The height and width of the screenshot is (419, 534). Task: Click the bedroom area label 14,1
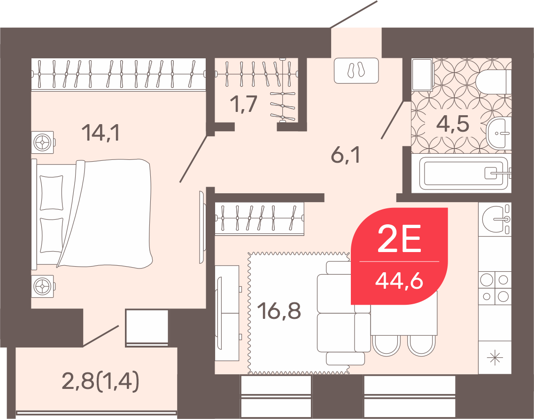[101, 133]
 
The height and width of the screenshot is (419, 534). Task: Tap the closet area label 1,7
[243, 103]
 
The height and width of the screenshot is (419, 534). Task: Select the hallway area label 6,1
[345, 156]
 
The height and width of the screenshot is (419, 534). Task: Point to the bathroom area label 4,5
[453, 123]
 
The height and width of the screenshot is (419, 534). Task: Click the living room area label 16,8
[279, 311]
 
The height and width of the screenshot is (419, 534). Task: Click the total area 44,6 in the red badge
[399, 281]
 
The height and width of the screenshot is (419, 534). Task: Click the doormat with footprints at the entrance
[356, 71]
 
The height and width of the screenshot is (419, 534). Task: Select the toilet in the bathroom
[494, 82]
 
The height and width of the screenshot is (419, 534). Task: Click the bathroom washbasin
[499, 133]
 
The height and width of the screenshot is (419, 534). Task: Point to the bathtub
[464, 174]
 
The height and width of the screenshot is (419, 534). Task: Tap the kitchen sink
[495, 219]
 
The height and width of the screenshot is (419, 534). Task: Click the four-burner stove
[495, 288]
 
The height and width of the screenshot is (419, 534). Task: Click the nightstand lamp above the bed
[43, 142]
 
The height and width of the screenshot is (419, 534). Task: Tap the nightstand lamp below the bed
[43, 286]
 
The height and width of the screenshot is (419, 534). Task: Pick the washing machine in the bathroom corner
[422, 75]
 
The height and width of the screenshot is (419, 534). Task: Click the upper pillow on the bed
[51, 193]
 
